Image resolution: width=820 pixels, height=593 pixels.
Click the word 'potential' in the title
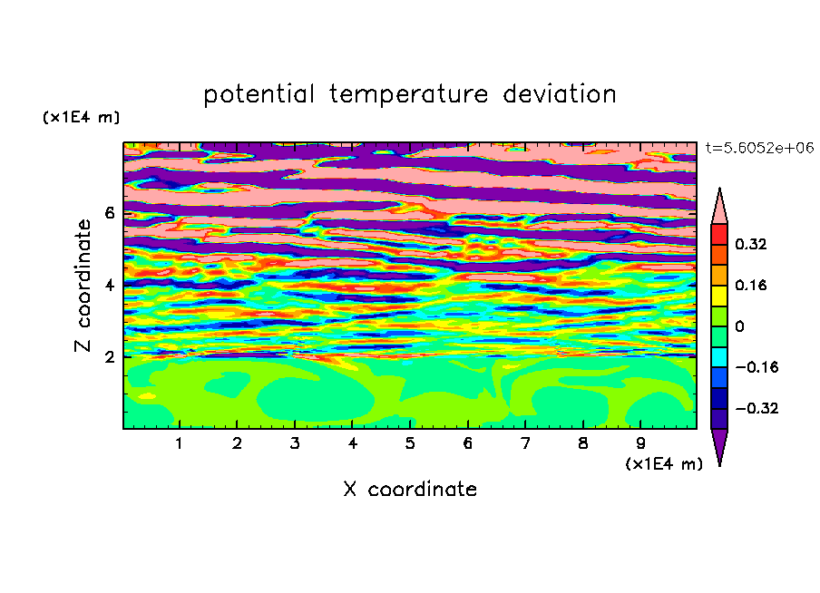pos(259,94)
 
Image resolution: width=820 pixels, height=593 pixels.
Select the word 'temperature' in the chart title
pos(408,94)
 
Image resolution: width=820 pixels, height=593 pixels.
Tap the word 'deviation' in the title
pos(560,94)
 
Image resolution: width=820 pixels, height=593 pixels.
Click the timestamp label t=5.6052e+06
pos(759,148)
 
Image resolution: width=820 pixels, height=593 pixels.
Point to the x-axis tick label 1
pos(179,443)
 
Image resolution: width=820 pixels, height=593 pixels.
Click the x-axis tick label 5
pos(410,443)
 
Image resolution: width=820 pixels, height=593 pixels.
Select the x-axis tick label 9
pos(640,443)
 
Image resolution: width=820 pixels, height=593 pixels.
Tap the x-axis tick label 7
pos(525,443)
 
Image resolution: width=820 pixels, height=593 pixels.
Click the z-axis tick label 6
pos(109,213)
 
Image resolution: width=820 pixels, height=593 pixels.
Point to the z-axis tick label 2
pos(109,356)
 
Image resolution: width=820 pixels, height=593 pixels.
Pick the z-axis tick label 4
pos(109,285)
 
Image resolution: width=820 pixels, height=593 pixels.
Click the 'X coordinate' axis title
pos(410,489)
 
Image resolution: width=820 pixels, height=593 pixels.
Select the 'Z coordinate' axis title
pos(83,286)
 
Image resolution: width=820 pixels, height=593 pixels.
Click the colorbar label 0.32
pos(750,244)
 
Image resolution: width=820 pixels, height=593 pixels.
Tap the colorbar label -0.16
pos(757,367)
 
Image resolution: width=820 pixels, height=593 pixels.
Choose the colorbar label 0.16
pos(750,285)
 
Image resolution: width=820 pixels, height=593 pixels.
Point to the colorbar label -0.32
pos(757,408)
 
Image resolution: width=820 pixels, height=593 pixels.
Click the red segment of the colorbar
pos(719,234)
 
